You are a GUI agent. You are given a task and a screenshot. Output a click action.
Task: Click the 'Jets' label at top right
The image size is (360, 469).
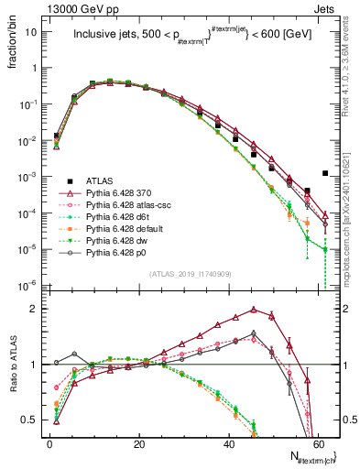pyautogui.click(x=324, y=8)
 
